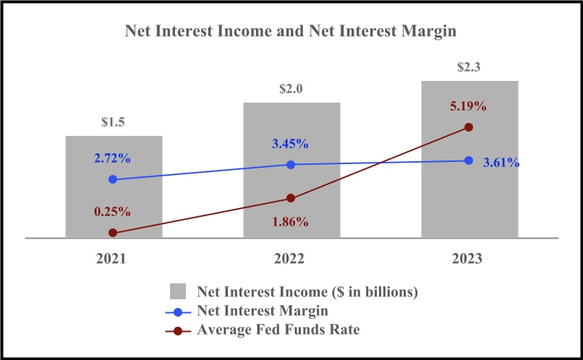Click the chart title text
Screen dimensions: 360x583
[291, 31]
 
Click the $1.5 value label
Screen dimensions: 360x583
[113, 122]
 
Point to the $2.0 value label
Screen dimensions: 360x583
[291, 90]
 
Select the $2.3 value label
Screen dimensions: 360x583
[469, 67]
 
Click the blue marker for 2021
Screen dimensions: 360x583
[113, 179]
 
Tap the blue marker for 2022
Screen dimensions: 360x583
[291, 164]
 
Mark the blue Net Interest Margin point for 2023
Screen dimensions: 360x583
[469, 160]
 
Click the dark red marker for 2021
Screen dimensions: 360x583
[113, 233]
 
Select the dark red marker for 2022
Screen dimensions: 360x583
[291, 198]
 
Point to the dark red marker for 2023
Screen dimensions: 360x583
[469, 127]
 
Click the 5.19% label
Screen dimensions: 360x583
[467, 106]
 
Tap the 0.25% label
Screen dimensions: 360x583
[111, 212]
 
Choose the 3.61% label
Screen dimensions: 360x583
[501, 163]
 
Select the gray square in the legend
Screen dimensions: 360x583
[179, 291]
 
